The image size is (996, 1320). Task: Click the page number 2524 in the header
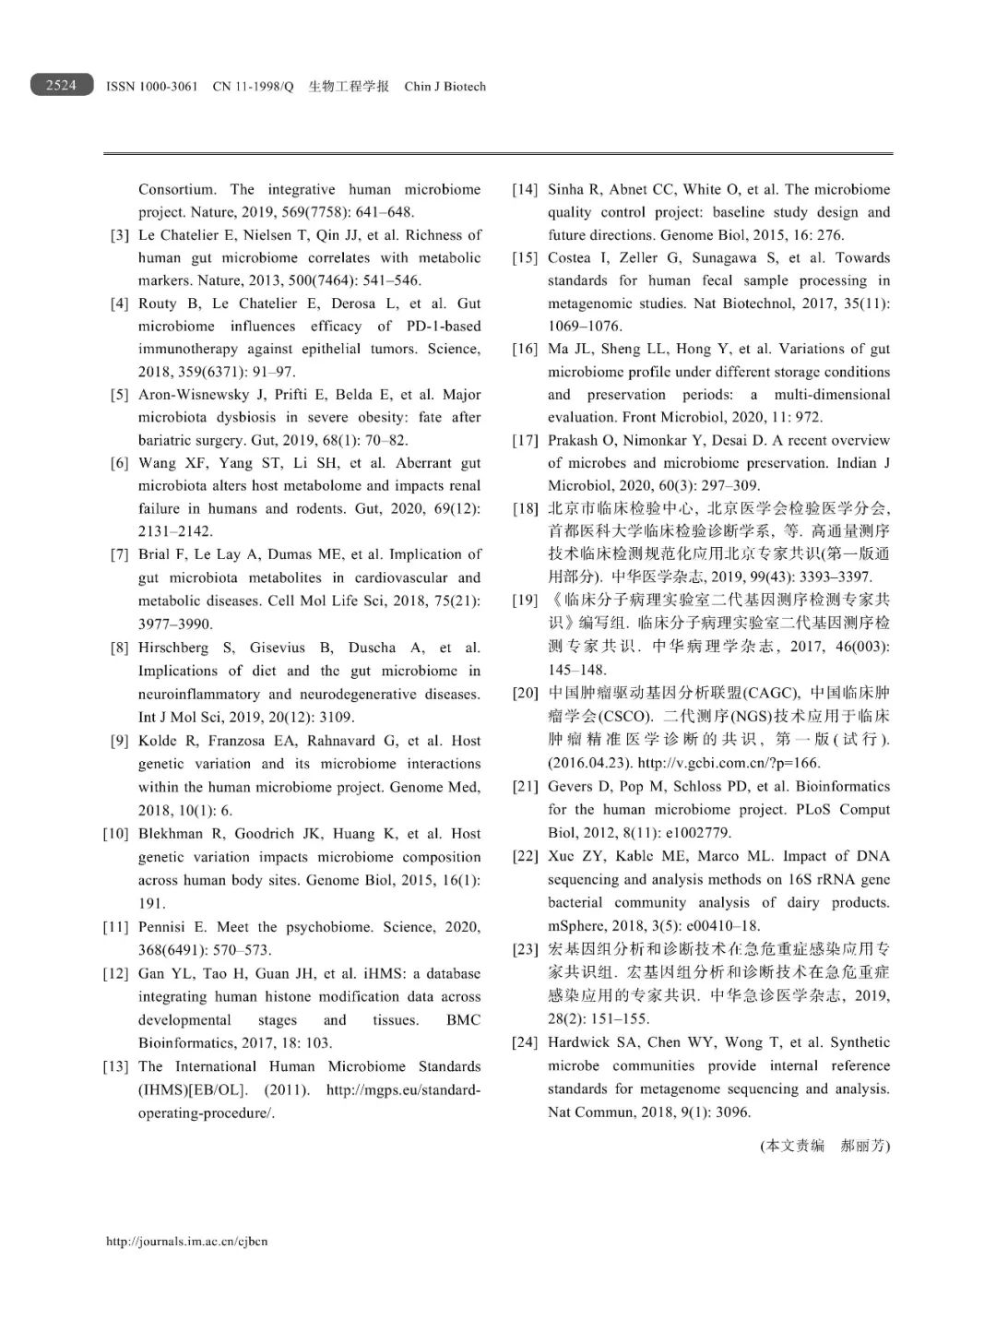point(61,85)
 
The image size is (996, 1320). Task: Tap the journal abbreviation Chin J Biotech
point(445,87)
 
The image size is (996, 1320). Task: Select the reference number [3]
point(119,235)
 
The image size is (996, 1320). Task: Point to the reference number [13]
point(115,1066)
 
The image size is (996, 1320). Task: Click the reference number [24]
point(525,1042)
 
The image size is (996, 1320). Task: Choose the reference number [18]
point(525,508)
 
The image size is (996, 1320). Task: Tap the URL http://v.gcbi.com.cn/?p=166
point(729,763)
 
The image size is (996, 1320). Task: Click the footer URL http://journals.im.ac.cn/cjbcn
point(187,1241)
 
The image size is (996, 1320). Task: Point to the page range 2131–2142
point(175,531)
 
